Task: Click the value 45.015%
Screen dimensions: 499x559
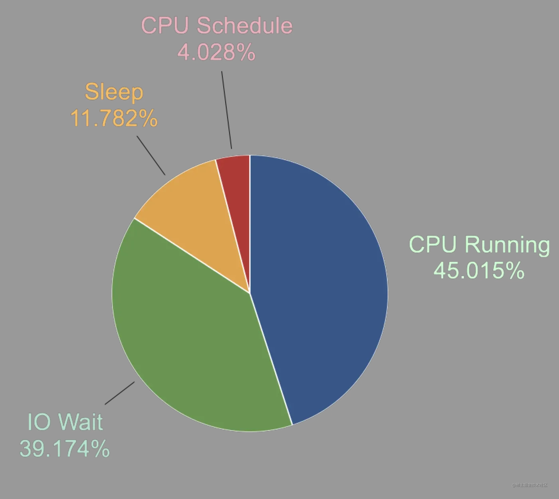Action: [479, 271]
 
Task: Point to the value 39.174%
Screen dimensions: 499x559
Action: [65, 448]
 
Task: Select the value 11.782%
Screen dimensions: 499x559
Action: [114, 118]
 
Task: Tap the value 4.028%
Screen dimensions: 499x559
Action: [216, 52]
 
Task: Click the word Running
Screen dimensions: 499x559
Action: [507, 245]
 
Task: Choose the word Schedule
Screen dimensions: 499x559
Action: [244, 26]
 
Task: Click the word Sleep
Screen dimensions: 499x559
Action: [114, 92]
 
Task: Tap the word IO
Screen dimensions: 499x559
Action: [39, 422]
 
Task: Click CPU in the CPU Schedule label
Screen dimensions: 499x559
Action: [165, 26]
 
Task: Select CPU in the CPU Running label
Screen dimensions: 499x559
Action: [432, 244]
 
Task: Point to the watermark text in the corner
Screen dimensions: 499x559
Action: [529, 485]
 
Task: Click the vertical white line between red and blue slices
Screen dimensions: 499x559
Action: [250, 224]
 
